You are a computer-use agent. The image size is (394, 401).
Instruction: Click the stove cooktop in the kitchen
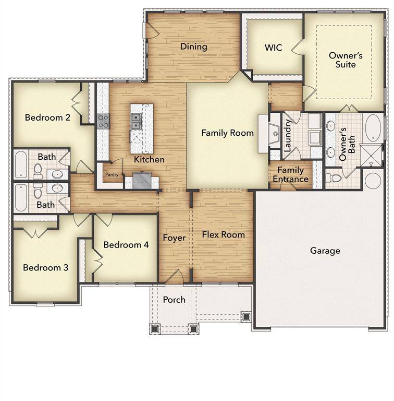point(103,121)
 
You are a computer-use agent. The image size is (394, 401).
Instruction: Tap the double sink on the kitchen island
point(137,121)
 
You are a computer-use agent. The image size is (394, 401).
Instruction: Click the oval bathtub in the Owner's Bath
point(373,128)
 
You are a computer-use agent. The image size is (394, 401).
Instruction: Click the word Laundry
point(287,135)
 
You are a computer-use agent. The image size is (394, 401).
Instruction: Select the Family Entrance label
point(290,174)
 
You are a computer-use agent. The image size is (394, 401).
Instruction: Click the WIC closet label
point(273,48)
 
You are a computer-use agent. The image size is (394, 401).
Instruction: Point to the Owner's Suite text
point(342,60)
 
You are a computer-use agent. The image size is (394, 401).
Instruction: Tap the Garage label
point(325,251)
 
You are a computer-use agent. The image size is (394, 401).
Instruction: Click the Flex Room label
point(223,234)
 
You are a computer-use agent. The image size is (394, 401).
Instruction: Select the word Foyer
point(174,238)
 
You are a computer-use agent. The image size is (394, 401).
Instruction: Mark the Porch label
point(174,300)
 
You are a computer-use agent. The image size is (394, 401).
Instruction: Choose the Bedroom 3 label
point(45,268)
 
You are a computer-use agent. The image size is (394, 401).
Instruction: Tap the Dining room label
point(193,46)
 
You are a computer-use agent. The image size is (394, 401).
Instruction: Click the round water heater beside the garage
point(373,181)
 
